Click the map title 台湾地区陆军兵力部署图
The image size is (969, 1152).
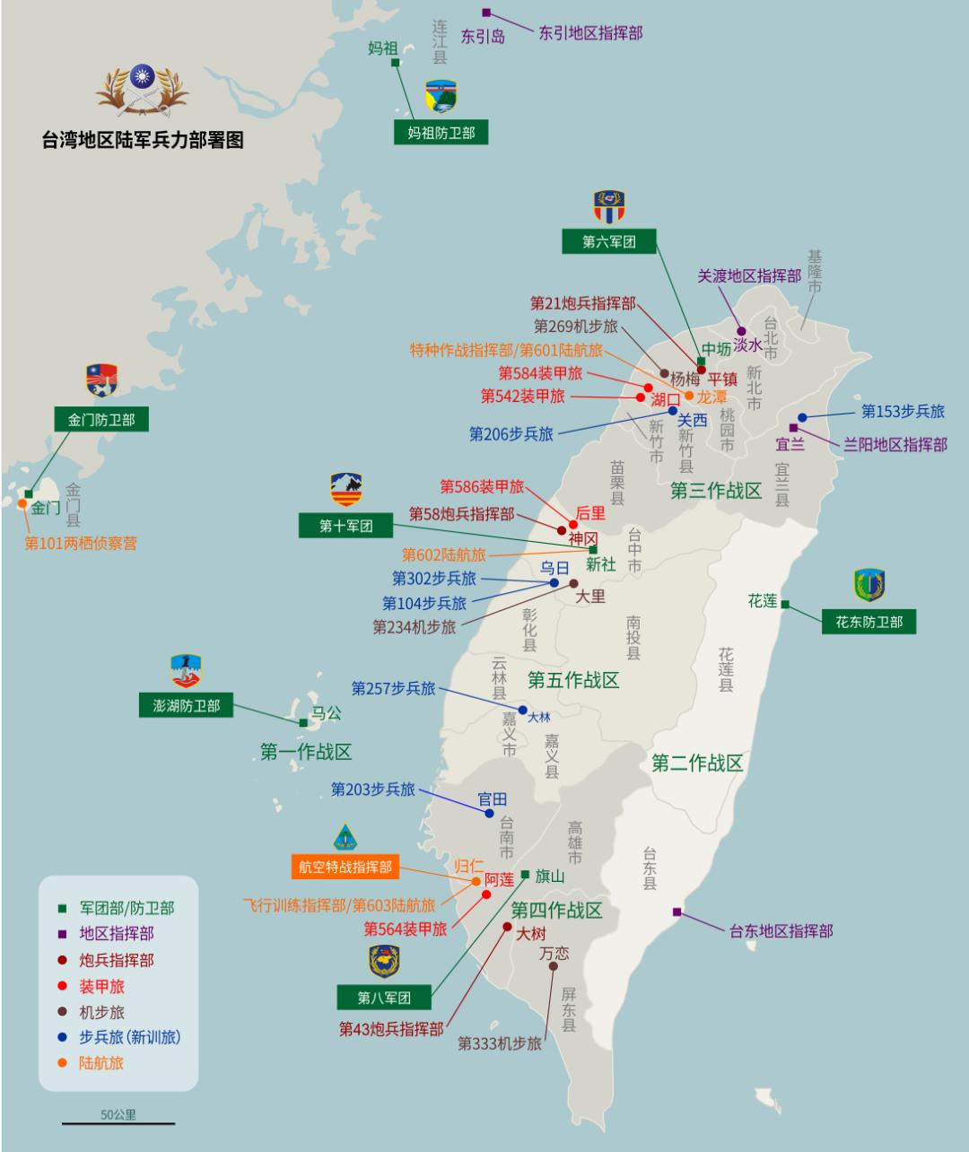[143, 140]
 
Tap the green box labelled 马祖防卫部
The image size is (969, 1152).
[441, 133]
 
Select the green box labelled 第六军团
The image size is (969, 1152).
[608, 241]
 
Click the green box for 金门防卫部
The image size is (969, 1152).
[100, 419]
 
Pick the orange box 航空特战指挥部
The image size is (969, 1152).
[345, 867]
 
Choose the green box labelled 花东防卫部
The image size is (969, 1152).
[869, 621]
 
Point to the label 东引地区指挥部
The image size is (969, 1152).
[590, 33]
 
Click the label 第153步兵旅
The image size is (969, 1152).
[903, 411]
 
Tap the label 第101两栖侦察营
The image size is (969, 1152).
[81, 543]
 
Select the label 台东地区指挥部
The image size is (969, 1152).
[781, 930]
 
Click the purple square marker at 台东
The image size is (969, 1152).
[677, 912]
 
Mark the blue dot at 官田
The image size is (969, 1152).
[489, 814]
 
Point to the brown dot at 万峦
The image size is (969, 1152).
[554, 966]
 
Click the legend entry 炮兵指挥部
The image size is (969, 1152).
[116, 960]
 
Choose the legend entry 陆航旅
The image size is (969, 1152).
[100, 1063]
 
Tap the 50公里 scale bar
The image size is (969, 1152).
[118, 1121]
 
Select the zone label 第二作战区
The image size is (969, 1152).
[697, 764]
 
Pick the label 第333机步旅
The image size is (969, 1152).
[499, 1043]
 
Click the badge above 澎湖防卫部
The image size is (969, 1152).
[186, 671]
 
